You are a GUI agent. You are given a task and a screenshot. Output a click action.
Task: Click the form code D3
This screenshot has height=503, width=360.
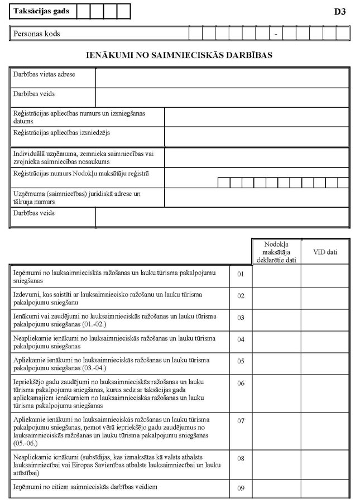339,12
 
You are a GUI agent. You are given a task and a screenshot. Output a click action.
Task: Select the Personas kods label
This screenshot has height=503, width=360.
37,33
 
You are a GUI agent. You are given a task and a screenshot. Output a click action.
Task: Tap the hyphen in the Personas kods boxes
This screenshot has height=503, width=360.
276,34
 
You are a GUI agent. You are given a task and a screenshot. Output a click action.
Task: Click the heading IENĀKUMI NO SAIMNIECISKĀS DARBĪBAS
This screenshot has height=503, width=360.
180,56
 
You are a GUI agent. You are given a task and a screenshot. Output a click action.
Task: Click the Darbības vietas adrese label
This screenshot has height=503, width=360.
44,74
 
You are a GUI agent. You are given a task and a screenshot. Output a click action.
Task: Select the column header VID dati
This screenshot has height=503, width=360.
325,252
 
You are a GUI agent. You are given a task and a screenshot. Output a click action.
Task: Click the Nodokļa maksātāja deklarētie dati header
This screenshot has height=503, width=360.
277,252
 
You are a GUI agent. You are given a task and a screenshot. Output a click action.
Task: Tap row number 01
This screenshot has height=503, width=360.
241,274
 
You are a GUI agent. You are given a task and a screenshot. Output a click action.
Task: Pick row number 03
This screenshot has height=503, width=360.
241,318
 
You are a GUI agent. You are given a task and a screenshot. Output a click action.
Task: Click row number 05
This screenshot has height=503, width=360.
241,361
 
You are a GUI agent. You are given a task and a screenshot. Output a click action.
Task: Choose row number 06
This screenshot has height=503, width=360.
241,383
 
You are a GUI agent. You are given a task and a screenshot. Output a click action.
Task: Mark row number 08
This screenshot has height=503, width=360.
241,458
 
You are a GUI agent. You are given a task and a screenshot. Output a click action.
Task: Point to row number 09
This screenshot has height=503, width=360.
241,488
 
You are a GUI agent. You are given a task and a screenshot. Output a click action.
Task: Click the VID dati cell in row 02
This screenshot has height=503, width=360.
325,296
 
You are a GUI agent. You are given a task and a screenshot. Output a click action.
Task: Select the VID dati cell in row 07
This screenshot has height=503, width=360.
325,430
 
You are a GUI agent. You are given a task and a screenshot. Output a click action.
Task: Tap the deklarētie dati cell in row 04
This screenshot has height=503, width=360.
277,339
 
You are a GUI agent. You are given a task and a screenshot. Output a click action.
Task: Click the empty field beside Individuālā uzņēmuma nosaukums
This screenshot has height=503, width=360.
257,157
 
